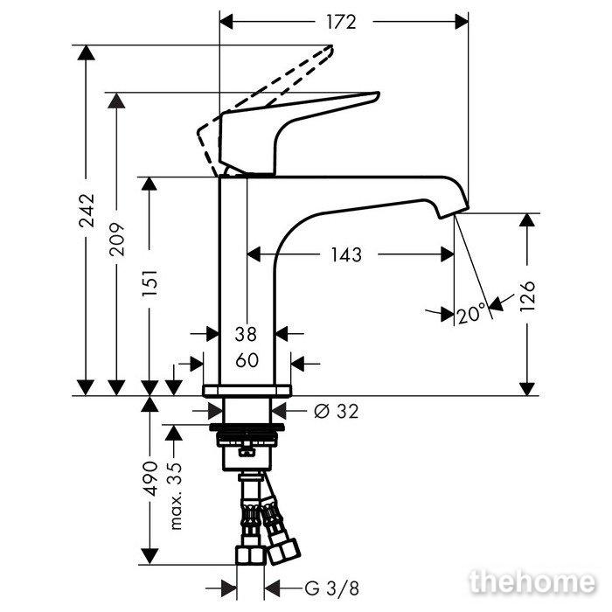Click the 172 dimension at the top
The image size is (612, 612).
tap(342, 22)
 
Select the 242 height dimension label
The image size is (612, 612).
tap(87, 211)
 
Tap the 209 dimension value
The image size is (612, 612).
tap(116, 240)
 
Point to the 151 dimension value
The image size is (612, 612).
tap(150, 282)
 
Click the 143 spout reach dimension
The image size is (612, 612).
tap(346, 255)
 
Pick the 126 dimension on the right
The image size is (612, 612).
tap(527, 296)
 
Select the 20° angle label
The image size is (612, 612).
tap(471, 313)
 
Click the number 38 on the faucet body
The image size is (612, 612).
tap(246, 334)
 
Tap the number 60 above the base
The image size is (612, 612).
tap(247, 360)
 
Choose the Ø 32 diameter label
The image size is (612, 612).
tap(336, 411)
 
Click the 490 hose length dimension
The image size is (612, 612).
tap(150, 478)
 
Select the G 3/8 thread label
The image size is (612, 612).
tap(331, 588)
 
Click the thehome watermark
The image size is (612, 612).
tap(532, 581)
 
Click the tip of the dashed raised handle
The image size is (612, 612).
tap(330, 47)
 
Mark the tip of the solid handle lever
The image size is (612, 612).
tap(378, 94)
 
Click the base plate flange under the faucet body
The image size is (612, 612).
tap(247, 391)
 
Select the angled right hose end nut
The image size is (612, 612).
tap(283, 551)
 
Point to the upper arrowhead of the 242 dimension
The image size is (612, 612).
tap(87, 52)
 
